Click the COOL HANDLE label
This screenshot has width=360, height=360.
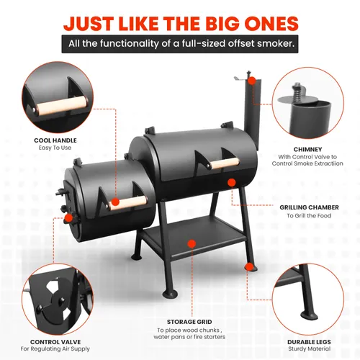tap(55, 140)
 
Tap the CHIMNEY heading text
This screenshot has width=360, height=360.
tap(307, 149)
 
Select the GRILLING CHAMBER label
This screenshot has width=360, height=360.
tap(309, 207)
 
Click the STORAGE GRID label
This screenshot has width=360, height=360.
tap(189, 322)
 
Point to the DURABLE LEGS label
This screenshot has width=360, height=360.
tap(309, 342)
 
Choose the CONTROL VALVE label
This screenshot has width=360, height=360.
tap(55, 342)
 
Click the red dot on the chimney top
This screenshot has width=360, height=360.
tap(251, 81)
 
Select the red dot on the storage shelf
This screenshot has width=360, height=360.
tap(192, 243)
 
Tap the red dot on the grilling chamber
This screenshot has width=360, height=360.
tap(232, 183)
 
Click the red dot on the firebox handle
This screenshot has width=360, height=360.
tap(115, 202)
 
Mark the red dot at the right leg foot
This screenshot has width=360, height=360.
tap(250, 267)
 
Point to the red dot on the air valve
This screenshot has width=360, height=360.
tap(69, 218)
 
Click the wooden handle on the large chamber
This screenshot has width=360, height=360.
tap(225, 163)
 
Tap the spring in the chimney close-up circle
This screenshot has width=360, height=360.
tap(297, 93)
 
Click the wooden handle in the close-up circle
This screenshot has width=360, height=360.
tap(60, 106)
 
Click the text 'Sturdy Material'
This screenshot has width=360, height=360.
tap(310, 348)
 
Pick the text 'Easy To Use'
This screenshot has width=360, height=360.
tap(55, 148)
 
